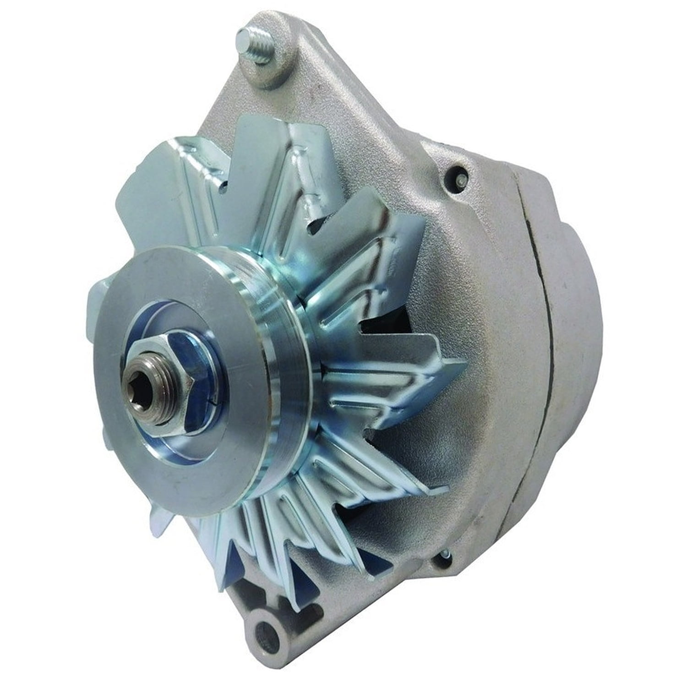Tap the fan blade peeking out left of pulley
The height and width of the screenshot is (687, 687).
pos(98,298)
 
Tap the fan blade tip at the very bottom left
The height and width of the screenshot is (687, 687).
pos(160,527)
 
